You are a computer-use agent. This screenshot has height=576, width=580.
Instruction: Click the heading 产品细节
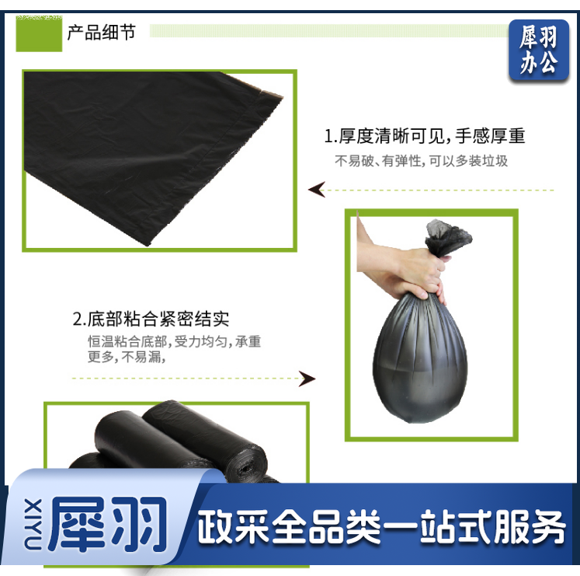[x=102, y=32]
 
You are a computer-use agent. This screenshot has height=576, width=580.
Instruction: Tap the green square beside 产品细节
[x=39, y=33]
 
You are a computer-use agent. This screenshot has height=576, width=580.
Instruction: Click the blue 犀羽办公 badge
[x=539, y=50]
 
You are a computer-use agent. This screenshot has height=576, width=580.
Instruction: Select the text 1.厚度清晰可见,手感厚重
[x=424, y=136]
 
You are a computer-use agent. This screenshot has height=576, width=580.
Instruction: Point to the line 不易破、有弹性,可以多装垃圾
[x=422, y=161]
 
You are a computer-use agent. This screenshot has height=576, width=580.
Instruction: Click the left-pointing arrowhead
[x=317, y=190]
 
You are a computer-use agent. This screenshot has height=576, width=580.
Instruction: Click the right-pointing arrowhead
[x=307, y=379]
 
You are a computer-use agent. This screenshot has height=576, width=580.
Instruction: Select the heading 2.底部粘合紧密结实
[x=151, y=319]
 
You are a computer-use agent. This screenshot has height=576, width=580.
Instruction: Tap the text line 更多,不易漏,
[x=127, y=357]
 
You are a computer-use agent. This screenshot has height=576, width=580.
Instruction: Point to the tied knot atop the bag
[x=447, y=237]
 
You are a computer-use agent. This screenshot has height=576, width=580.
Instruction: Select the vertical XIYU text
[x=33, y=523]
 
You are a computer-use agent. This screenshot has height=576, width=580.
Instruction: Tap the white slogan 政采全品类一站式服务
[x=381, y=527]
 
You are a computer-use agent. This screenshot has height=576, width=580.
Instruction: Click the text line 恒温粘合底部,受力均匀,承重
[x=174, y=341]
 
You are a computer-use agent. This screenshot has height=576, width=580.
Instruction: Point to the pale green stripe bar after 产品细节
[x=329, y=31]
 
